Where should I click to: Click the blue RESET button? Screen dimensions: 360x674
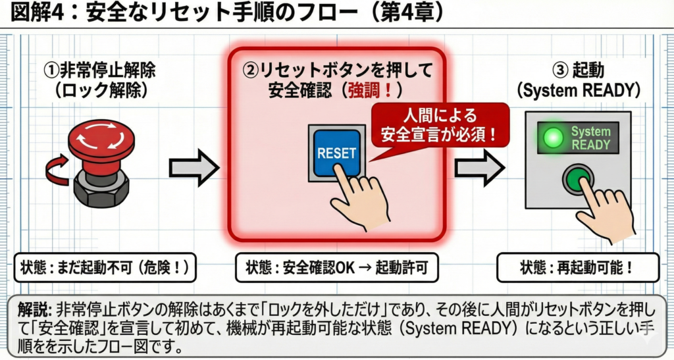tap(336, 153)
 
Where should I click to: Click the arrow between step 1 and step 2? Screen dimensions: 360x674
tap(193, 168)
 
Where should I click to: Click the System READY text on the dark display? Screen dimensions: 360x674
tap(590, 138)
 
